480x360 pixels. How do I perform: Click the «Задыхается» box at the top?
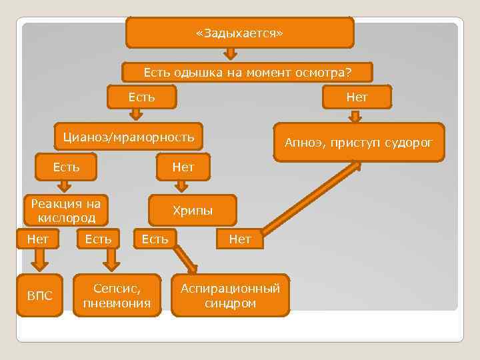[x=239, y=33]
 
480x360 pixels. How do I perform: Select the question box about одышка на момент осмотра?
[x=247, y=73]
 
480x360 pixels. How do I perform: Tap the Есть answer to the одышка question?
[x=142, y=97]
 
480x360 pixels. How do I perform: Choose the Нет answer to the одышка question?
[x=357, y=97]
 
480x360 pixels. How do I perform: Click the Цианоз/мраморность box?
[x=128, y=138]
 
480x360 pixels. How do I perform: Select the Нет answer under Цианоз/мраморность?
[x=183, y=167]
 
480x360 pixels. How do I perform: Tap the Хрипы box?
[x=193, y=211]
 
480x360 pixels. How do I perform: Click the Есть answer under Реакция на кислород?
[x=98, y=237]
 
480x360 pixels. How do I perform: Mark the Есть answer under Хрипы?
[x=155, y=238]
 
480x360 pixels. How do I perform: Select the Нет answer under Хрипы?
[x=239, y=238]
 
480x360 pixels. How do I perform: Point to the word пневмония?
[x=117, y=304]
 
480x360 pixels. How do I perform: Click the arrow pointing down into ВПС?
[x=39, y=259]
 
